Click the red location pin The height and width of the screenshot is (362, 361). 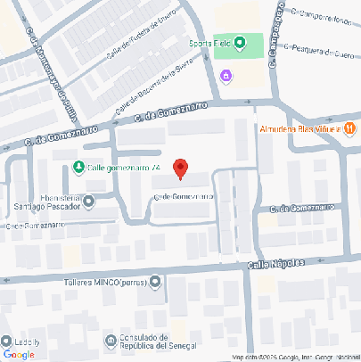[x=180, y=168]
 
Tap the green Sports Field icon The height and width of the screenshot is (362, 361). [x=226, y=43]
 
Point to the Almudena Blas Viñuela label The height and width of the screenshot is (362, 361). [x=300, y=129]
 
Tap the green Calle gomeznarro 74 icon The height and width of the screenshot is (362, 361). [x=78, y=168]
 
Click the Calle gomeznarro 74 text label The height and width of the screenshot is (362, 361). [x=124, y=168]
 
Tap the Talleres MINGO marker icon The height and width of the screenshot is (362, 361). [x=156, y=283]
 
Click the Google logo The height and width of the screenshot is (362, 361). [x=19, y=354]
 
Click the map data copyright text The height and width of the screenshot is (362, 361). [x=294, y=358]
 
